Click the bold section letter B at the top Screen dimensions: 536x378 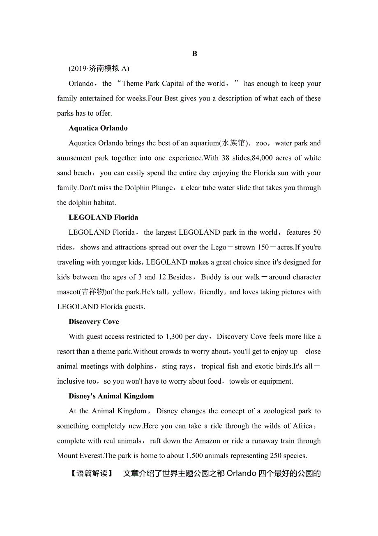point(195,54)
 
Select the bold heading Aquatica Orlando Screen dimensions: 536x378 point(98,128)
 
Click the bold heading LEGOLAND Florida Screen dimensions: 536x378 point(104,217)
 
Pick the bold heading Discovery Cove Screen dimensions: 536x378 point(94,322)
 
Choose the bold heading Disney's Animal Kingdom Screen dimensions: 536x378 point(111,396)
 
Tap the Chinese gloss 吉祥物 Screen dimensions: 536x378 point(92,292)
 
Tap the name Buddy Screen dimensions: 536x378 point(211,277)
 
